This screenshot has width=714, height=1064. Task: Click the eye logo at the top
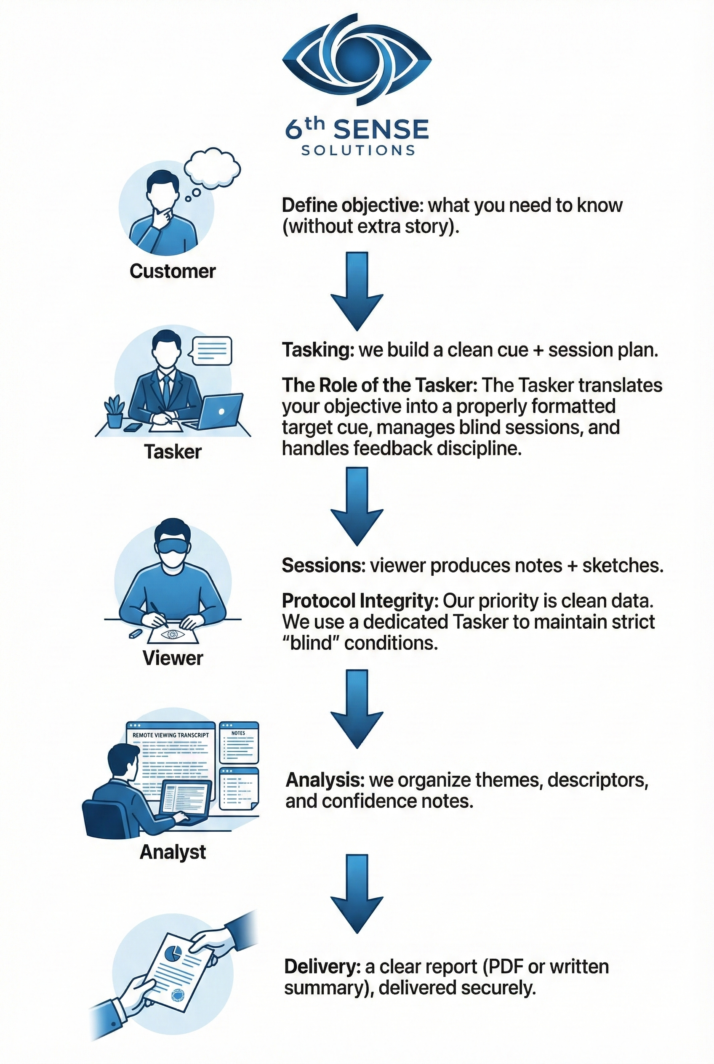tap(357, 57)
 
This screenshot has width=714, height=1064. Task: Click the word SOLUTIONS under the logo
tap(358, 150)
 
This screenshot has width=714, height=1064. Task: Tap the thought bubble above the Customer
tap(212, 169)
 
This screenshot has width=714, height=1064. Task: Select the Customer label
tap(173, 271)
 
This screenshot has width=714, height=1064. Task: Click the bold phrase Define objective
tap(352, 206)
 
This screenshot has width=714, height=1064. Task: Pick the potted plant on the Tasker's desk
tap(114, 411)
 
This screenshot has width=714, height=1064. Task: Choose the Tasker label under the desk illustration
tap(173, 452)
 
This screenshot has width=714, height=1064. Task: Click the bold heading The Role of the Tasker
tap(379, 386)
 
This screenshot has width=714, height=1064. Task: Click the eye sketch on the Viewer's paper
tap(173, 634)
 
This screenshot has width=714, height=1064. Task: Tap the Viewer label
tap(173, 658)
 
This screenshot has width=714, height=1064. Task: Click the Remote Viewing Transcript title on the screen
tap(171, 735)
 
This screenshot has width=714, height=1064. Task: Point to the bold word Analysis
tap(325, 780)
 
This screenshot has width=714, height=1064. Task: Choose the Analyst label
tap(173, 852)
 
